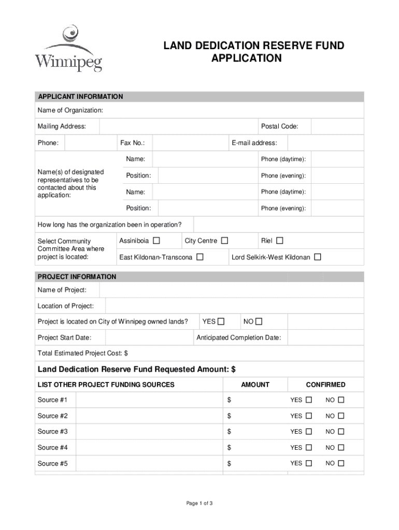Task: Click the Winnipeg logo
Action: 68,50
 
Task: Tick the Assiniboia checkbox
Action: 157,241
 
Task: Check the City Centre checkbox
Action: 224,241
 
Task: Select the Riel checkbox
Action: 280,241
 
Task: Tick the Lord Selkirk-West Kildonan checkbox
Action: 318,257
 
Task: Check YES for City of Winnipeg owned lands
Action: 221,321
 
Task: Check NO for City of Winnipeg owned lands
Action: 259,321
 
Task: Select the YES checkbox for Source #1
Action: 309,400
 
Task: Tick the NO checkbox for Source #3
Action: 341,432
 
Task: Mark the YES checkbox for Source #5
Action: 309,463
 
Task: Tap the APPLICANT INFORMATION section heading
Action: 80,97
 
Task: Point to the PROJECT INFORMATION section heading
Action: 77,277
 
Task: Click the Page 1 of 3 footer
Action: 199,503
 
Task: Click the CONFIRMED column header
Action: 325,385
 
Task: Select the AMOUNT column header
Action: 255,385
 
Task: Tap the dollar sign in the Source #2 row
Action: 230,416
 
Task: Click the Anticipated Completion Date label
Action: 239,338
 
